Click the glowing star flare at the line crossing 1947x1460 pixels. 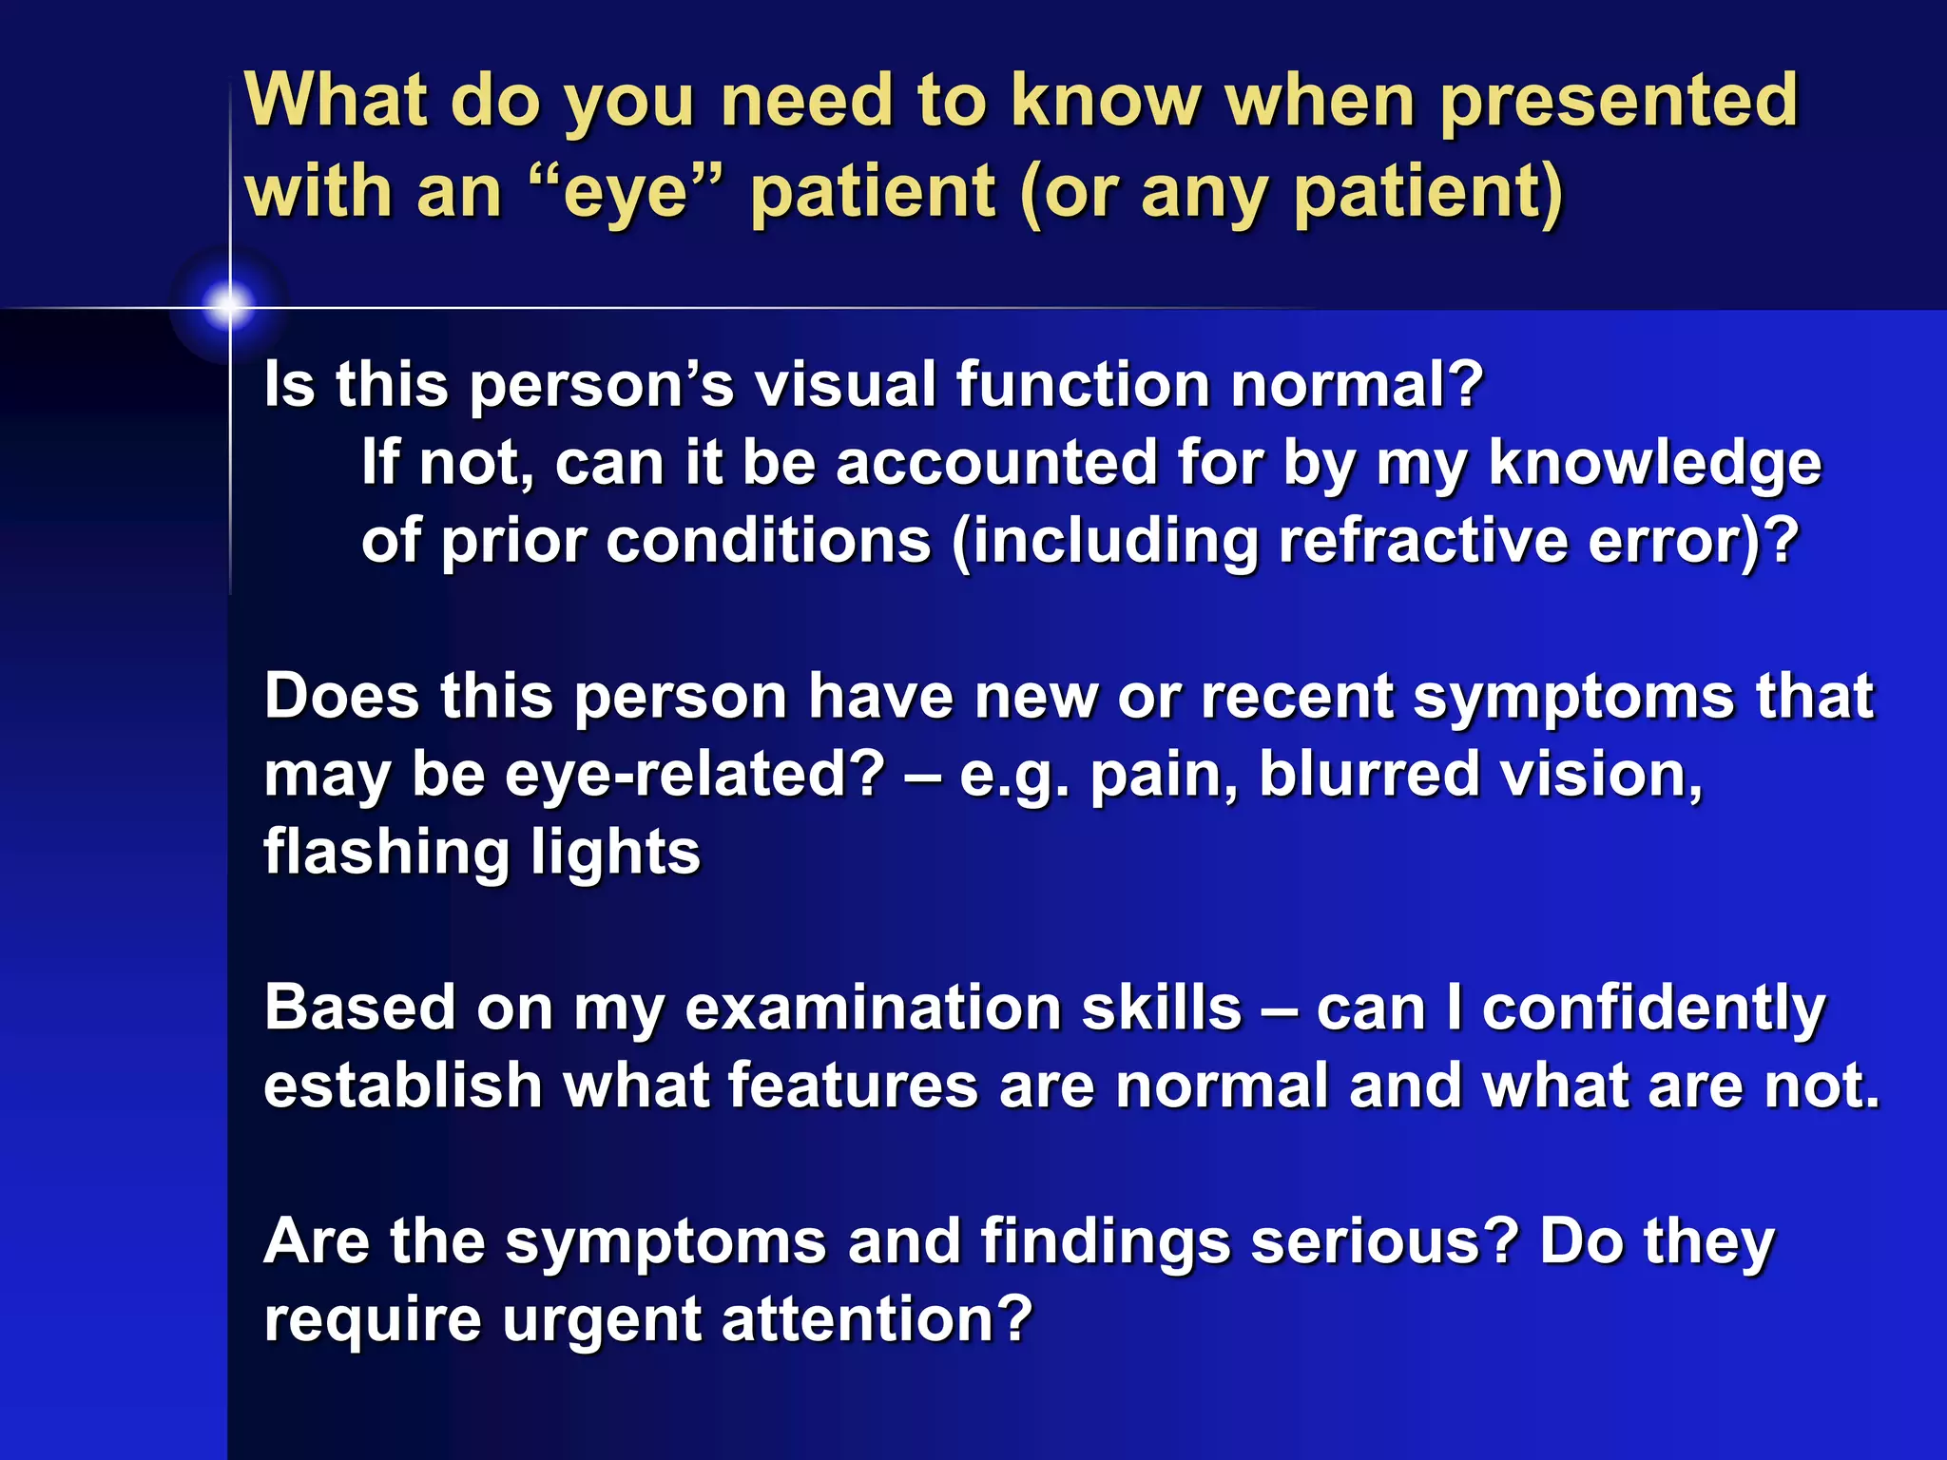point(229,306)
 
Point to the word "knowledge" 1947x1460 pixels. point(1654,464)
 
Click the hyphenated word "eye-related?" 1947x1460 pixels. point(695,775)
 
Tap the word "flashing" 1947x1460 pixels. point(386,853)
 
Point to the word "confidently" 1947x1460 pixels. point(1653,1009)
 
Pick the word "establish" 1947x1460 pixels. point(402,1086)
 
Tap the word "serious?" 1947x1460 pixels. point(1384,1242)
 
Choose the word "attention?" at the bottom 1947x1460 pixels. point(876,1320)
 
